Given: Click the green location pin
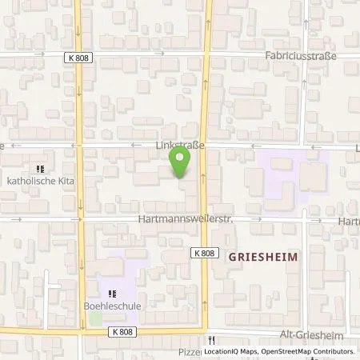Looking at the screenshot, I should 181,163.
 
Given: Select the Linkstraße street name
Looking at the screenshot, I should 180,146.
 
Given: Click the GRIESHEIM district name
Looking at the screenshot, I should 263,257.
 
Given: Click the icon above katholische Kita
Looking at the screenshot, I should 39,169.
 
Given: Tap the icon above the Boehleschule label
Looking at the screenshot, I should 113,292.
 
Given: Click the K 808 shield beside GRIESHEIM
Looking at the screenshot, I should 205,253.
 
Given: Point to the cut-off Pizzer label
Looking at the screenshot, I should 190,351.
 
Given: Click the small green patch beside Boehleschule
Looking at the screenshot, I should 95,318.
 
